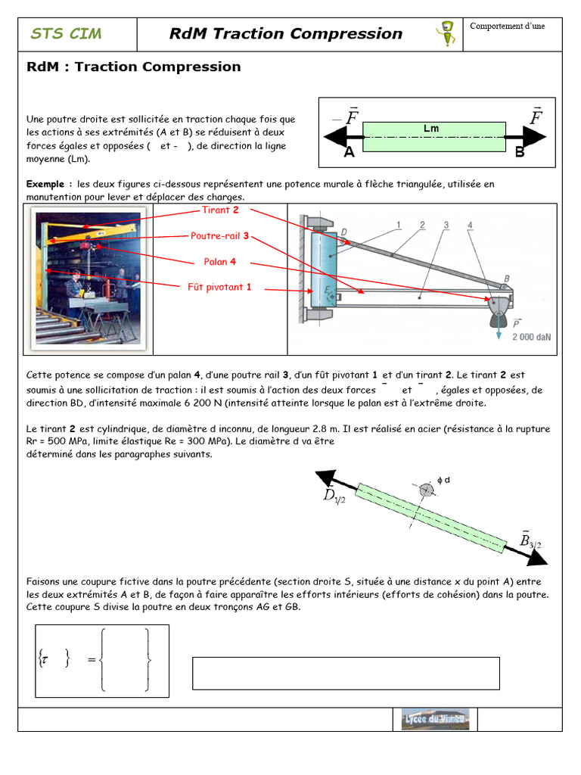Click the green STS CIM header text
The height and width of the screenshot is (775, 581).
coord(66,33)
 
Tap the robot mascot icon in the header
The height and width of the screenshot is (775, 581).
coord(446,34)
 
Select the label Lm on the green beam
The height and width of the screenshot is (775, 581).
coord(430,129)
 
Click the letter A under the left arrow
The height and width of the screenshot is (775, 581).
coord(350,151)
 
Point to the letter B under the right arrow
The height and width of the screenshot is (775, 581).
coord(519,152)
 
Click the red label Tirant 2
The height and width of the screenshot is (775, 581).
coord(220,210)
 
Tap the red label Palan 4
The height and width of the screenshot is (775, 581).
coord(220,261)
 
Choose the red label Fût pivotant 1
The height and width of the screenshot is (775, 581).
coord(219,287)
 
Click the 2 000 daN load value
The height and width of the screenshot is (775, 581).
coord(532,337)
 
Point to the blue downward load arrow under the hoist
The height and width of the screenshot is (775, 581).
coord(499,326)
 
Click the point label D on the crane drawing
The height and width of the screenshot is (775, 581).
coord(344,232)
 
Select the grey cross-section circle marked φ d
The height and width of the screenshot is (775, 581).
coord(426,490)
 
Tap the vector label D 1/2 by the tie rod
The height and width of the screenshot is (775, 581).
coord(334,495)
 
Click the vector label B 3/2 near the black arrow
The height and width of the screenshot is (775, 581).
coord(530,540)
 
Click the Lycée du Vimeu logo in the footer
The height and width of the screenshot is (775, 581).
coord(435,719)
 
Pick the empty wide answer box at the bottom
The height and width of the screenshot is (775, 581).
coord(346,673)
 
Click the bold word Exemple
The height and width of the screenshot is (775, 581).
coord(45,184)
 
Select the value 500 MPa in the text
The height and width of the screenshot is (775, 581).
coord(67,441)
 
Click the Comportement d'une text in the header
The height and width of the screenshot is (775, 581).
coord(508,26)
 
